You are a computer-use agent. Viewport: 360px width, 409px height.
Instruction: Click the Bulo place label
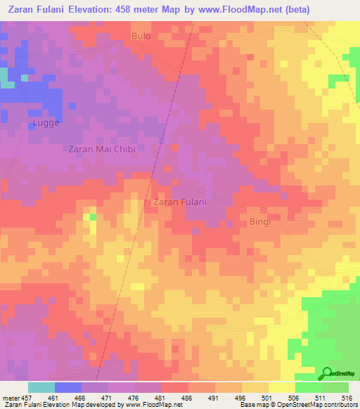click(141, 34)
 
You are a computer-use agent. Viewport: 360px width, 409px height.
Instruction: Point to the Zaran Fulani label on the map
click(179, 202)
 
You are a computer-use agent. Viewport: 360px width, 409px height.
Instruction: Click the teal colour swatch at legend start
click(41, 387)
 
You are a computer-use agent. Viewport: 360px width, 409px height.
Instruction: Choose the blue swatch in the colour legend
click(67, 387)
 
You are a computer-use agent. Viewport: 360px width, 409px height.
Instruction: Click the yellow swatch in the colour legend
click(281, 387)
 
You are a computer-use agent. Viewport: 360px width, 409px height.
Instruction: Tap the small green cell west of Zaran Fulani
click(93, 216)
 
